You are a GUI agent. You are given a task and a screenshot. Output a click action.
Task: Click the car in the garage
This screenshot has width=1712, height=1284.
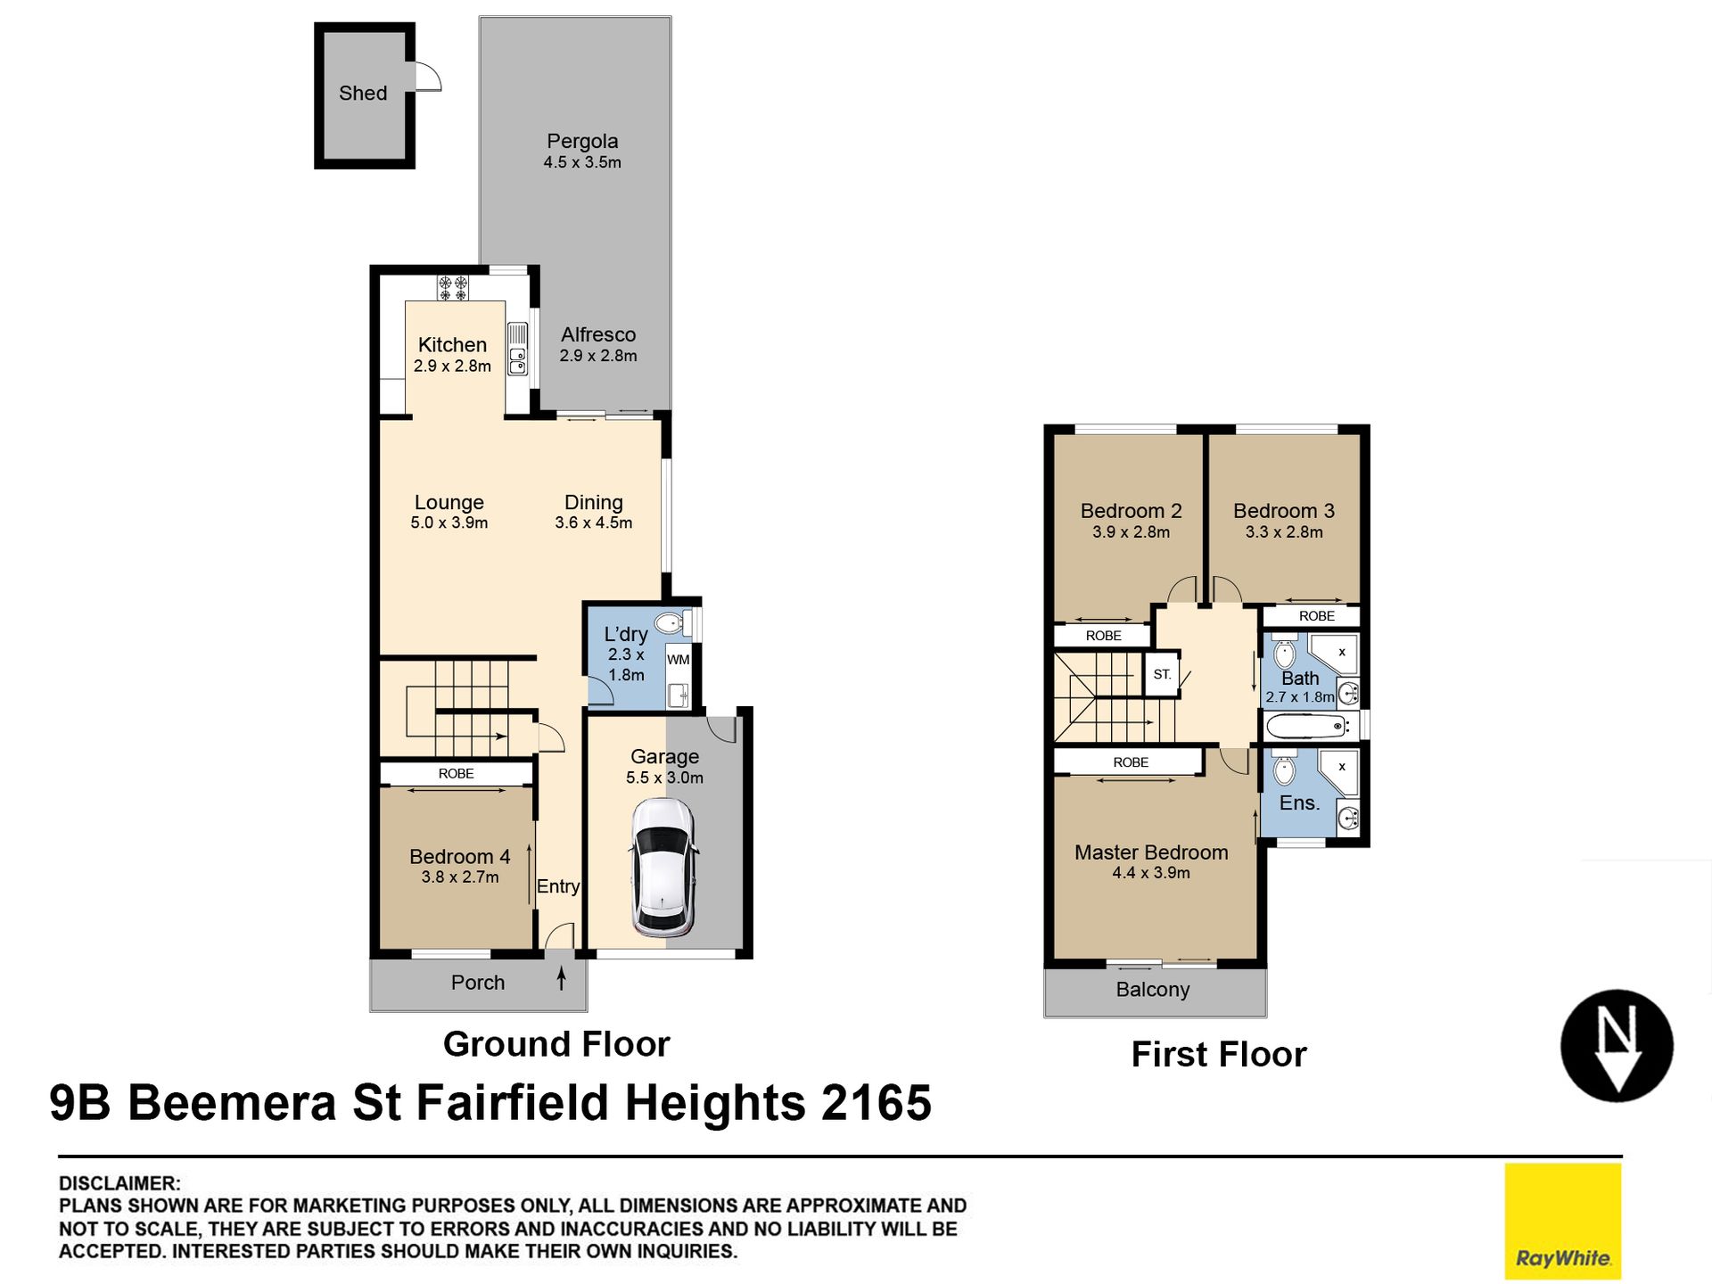663,867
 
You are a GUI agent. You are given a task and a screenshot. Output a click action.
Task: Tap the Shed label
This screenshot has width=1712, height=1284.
363,93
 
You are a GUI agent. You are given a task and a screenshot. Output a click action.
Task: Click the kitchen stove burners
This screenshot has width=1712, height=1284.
453,287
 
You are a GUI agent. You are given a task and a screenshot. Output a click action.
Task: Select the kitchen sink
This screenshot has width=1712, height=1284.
518,360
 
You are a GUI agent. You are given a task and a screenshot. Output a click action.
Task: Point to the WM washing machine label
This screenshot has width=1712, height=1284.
679,660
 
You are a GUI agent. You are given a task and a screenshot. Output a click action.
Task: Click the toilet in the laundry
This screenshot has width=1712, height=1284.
671,622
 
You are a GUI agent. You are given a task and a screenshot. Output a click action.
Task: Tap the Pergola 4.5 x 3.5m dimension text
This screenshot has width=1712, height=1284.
582,162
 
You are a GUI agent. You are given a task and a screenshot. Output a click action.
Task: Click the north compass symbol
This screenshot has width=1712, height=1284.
1617,1045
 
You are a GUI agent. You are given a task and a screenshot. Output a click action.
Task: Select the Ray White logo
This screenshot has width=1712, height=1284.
1563,1221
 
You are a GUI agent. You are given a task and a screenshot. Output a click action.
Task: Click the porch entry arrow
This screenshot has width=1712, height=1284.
561,978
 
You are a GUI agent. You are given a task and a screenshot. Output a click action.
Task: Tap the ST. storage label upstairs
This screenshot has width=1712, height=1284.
1162,674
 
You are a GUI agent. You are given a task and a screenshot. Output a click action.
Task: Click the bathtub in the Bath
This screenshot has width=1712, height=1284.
1307,726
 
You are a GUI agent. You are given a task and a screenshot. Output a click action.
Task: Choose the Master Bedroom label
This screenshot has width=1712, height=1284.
1151,852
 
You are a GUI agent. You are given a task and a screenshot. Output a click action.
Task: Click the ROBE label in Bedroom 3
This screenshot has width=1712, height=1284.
1317,616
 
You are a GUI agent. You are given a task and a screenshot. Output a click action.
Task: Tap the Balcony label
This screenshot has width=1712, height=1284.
1153,990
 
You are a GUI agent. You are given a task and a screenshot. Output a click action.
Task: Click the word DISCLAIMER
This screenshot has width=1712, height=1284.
119,1183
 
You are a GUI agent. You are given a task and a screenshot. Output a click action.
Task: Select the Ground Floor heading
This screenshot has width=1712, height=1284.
556,1044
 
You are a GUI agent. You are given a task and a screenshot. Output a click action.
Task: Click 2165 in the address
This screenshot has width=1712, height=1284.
877,1103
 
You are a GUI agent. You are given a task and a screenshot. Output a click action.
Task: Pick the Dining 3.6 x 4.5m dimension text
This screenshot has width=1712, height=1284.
594,523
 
